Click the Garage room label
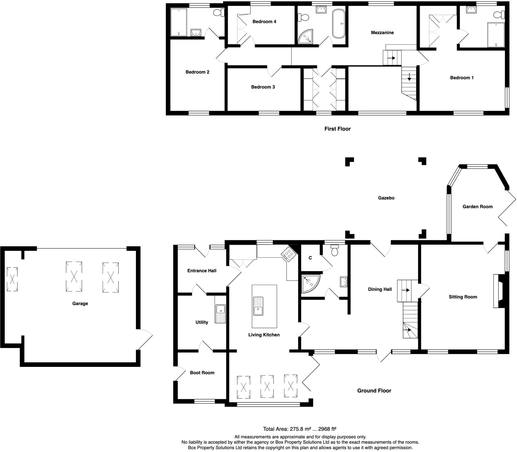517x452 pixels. coord(80,304)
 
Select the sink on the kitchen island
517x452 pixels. coord(258,306)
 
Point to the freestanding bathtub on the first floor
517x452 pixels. coord(339,23)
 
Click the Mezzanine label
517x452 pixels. coord(382,33)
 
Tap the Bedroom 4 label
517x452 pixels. coord(264,22)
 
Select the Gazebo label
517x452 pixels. coord(386,198)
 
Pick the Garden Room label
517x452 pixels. coord(477,207)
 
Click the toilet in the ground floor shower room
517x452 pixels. coord(335,250)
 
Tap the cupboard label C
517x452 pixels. coord(310,258)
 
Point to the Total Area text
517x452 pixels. coord(299,429)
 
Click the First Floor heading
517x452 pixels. coord(337,129)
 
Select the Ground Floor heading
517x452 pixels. coord(374,391)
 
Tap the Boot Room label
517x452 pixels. coord(202,373)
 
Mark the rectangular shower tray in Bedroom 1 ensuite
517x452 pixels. coord(496,35)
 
